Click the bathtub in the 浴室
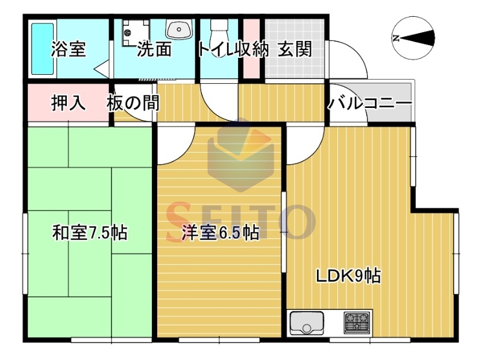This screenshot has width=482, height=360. (x=43, y=49)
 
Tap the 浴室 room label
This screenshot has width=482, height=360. (x=68, y=49)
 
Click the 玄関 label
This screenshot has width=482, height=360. (x=295, y=49)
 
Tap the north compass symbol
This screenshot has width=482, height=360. (x=413, y=38)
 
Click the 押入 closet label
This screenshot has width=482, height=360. (x=68, y=103)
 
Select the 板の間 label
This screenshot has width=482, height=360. (x=133, y=103)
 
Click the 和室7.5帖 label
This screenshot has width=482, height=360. (x=90, y=233)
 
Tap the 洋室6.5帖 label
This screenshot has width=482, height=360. (x=220, y=233)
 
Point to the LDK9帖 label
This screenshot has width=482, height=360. (x=349, y=276)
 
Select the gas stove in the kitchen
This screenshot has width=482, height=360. (x=357, y=323)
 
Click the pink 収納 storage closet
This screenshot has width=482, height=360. (x=251, y=49)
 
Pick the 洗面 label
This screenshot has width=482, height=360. (x=154, y=49)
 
